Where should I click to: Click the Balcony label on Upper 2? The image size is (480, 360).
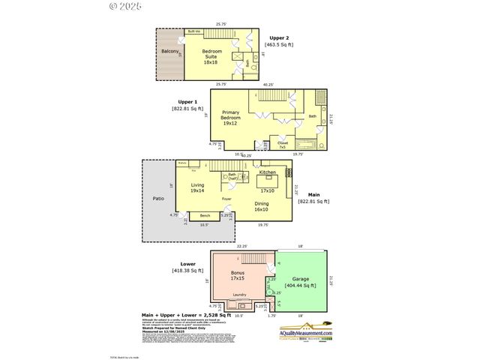(169, 52)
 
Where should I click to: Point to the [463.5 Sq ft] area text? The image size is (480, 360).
(279, 45)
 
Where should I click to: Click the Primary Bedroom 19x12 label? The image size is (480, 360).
(230, 118)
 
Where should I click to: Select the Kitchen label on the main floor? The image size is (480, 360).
(268, 172)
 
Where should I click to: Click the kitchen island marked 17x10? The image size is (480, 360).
(268, 182)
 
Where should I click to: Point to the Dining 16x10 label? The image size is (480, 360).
(262, 207)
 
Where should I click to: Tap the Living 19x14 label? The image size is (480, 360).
(197, 187)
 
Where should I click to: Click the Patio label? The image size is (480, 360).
(158, 199)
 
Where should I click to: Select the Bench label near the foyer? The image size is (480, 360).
(205, 216)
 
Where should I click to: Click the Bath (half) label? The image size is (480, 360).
(232, 177)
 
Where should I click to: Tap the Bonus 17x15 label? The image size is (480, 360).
(237, 274)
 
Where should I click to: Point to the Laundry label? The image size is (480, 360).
(240, 295)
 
